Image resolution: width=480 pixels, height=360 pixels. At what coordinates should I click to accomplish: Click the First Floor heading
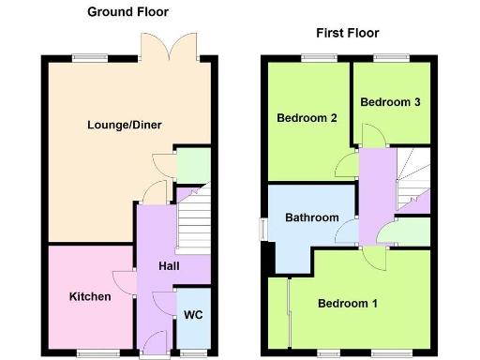point(347,33)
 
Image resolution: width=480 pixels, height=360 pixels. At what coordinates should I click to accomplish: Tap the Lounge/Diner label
point(117,125)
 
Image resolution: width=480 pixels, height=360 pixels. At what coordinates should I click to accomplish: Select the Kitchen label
point(90,297)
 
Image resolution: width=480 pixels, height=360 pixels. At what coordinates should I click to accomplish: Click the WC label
point(193,314)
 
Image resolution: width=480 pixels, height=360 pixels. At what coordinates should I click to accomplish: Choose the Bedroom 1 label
point(347,304)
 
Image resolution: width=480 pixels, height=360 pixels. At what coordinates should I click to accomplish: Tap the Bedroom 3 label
point(389,101)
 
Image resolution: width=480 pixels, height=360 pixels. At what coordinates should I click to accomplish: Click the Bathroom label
point(312,217)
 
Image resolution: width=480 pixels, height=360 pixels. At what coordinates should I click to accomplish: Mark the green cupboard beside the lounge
point(193,166)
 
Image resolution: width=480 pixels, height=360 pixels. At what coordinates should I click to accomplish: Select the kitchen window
point(91,352)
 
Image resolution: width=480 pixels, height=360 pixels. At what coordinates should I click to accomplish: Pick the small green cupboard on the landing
point(412,232)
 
